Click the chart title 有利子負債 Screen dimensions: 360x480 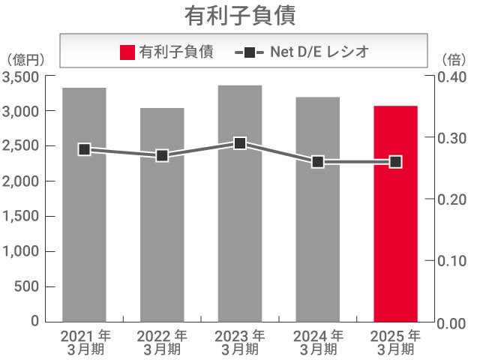point(239,15)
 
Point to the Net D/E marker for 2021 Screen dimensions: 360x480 point(84,149)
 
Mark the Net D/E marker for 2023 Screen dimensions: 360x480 point(240,143)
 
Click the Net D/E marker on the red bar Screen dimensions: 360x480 point(395,161)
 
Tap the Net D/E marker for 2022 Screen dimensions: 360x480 point(162,155)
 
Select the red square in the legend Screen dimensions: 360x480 point(127,52)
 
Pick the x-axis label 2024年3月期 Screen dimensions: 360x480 point(318,341)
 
